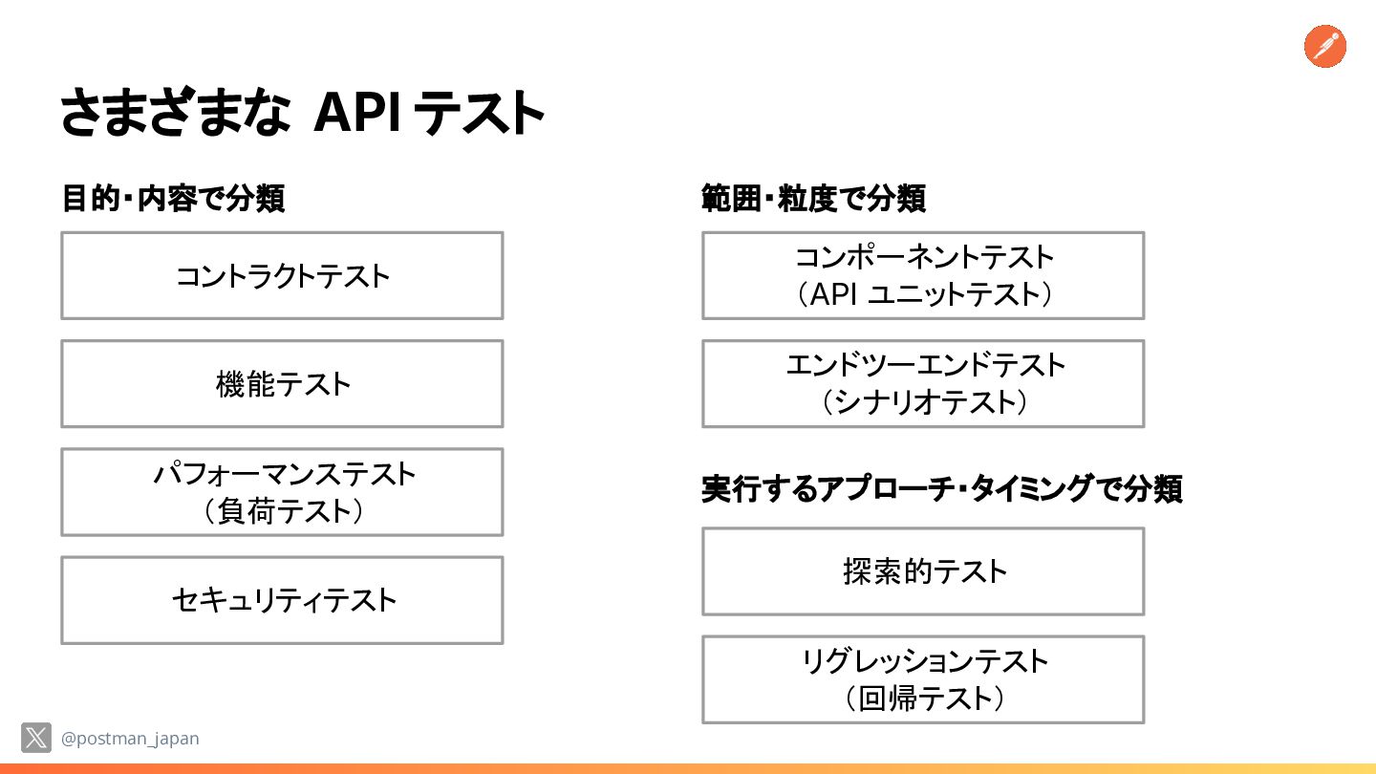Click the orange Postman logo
point(1325,47)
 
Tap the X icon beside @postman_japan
point(36,738)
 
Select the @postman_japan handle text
point(130,739)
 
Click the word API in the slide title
point(358,113)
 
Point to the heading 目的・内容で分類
point(173,199)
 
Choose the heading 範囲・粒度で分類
point(813,199)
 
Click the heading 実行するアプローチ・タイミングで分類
point(942,489)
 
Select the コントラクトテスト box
point(282,276)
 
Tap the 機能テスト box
point(282,384)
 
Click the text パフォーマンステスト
point(285,474)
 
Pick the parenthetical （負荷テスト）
point(283,511)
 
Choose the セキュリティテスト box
point(282,600)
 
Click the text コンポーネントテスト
point(924,257)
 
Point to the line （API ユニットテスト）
point(923,294)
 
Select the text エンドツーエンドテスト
point(925,365)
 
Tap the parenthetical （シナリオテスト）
point(924,402)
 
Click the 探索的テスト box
point(923,571)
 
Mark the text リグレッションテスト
point(925,661)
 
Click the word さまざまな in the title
point(175,112)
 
